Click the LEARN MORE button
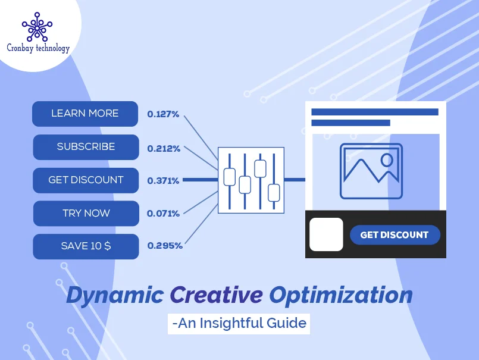click(85, 114)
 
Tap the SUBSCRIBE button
click(86, 147)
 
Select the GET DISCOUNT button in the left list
click(86, 180)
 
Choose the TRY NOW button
click(86, 213)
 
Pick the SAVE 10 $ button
click(86, 246)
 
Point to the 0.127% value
click(163, 114)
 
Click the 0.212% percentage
click(164, 149)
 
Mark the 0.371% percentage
click(163, 180)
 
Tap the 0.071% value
click(163, 213)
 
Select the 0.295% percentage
click(165, 245)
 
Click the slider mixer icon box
click(251, 180)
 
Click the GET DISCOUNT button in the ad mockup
click(394, 235)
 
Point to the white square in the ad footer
click(326, 234)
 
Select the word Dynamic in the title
click(115, 295)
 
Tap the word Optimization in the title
click(340, 295)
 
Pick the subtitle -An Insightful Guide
click(239, 323)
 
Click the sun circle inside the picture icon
click(387, 159)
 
